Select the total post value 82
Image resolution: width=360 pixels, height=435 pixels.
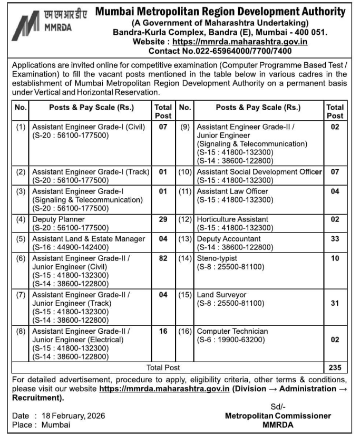[x=163, y=258]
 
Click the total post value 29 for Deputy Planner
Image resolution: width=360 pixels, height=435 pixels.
[x=163, y=219]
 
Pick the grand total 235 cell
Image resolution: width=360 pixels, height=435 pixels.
[x=335, y=368]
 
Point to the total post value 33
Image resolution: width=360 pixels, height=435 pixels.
[x=335, y=238]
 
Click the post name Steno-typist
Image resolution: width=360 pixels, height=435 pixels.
[x=217, y=258]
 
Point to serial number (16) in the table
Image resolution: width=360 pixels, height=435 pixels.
[x=185, y=331]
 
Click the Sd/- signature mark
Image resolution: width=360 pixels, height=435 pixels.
[x=278, y=407]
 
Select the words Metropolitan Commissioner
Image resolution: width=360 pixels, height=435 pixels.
[x=278, y=415]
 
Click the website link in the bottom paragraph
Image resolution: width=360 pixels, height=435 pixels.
[x=164, y=389]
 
